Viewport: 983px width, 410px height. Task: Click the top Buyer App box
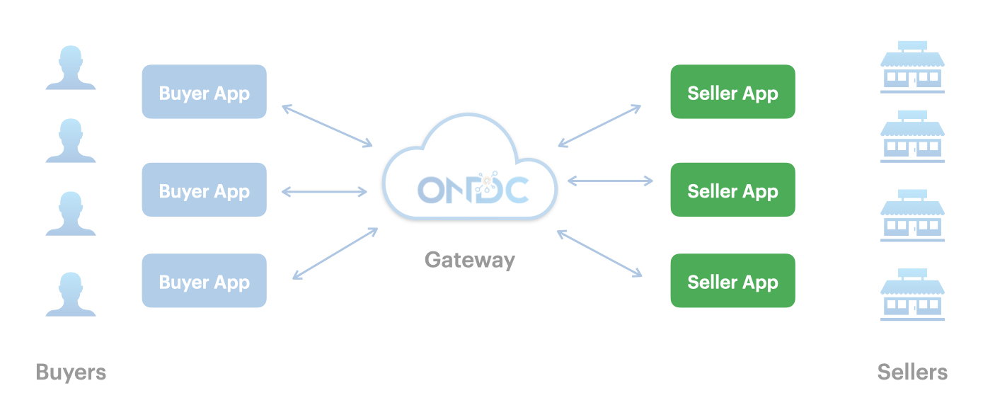(x=204, y=92)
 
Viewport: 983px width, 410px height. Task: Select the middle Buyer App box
(x=204, y=190)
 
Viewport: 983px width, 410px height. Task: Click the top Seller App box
(x=732, y=92)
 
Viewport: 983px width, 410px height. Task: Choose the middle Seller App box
(x=732, y=190)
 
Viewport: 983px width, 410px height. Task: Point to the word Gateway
(x=470, y=260)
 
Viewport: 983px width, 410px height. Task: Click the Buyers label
(x=71, y=372)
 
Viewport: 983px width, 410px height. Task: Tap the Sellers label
(x=912, y=372)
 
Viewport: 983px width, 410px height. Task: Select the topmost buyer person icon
(x=71, y=68)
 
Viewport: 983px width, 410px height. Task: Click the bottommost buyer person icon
(x=71, y=293)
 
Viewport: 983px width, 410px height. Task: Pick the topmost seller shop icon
(x=912, y=67)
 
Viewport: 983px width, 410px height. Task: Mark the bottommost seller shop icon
(x=912, y=294)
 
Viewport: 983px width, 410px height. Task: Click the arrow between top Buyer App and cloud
(x=327, y=126)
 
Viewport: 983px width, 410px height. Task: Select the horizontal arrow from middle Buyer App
(x=324, y=190)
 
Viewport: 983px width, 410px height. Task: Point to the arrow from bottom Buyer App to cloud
(x=335, y=253)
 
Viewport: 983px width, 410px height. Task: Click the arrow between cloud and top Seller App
(x=599, y=126)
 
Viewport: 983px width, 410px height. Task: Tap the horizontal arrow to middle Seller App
(x=610, y=181)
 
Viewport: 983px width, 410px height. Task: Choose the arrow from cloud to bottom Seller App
(x=599, y=253)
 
